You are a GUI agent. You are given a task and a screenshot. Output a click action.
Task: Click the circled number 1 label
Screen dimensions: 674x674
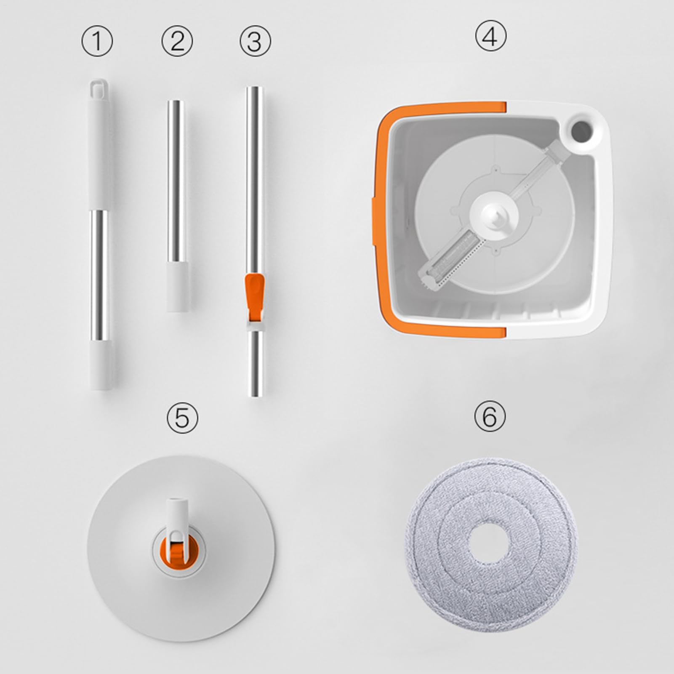[97, 41]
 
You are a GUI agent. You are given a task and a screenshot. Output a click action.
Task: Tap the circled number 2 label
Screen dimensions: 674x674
[177, 41]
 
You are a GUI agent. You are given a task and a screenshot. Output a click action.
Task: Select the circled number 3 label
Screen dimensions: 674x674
[256, 41]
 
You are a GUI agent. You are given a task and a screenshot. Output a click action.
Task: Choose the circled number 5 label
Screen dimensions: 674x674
[182, 418]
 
